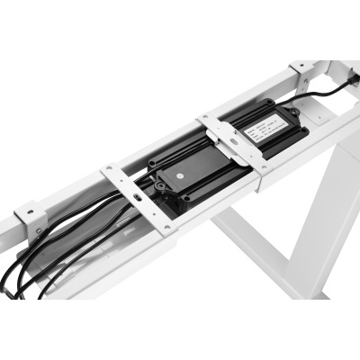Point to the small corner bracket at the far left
click(30, 219)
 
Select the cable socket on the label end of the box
click(293, 110)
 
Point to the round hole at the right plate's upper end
click(210, 118)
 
